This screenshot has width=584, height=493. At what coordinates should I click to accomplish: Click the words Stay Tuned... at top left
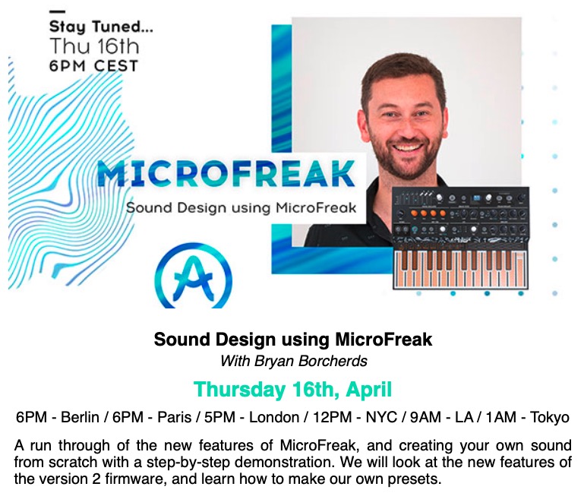pyautogui.click(x=101, y=27)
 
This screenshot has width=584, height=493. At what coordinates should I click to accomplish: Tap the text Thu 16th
pyautogui.click(x=94, y=46)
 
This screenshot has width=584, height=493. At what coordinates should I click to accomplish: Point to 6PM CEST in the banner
pyautogui.click(x=93, y=66)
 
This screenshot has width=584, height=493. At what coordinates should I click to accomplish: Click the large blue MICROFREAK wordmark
pyautogui.click(x=226, y=173)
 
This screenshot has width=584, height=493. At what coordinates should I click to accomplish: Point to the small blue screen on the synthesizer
pyautogui.click(x=477, y=198)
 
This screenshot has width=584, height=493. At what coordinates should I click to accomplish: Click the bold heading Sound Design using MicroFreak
pyautogui.click(x=293, y=340)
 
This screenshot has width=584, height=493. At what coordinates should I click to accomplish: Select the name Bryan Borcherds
pyautogui.click(x=311, y=361)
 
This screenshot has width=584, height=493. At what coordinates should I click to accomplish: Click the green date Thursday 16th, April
pyautogui.click(x=292, y=390)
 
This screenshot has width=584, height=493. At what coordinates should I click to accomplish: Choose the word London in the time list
pyautogui.click(x=273, y=417)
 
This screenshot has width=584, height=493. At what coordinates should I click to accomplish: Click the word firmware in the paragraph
pyautogui.click(x=134, y=479)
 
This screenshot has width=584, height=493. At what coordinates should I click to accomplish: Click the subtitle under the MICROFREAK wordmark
pyautogui.click(x=241, y=207)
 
